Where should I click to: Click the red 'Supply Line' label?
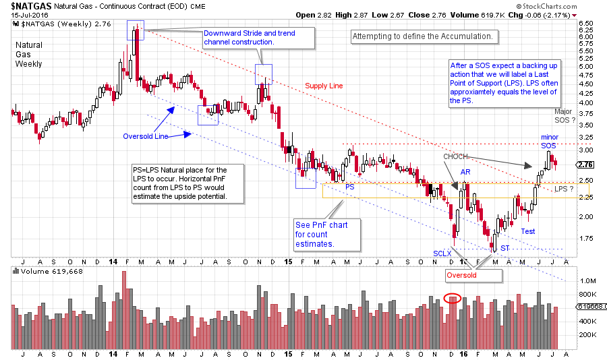tap(324, 86)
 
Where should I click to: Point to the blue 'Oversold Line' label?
tap(144, 136)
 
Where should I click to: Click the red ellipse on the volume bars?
tap(454, 297)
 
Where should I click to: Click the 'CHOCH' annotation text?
tap(455, 156)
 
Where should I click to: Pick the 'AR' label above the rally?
tap(465, 172)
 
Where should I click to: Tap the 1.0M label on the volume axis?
tap(587, 280)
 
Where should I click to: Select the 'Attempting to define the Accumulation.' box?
tap(424, 36)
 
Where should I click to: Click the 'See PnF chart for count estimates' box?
tap(321, 234)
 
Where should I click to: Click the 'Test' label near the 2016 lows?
tap(527, 231)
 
